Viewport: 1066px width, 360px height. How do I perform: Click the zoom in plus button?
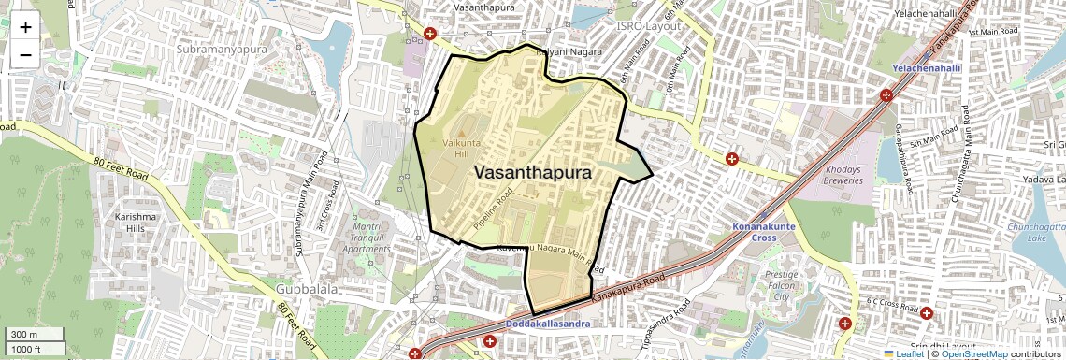[25, 27]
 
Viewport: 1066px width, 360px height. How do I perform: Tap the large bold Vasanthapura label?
[533, 173]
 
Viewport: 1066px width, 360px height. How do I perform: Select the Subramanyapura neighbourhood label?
[222, 49]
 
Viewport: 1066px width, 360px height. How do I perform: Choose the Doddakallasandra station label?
[547, 324]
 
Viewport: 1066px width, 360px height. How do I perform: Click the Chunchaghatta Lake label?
[1036, 235]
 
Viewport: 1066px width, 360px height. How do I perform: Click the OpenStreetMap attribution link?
[974, 353]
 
